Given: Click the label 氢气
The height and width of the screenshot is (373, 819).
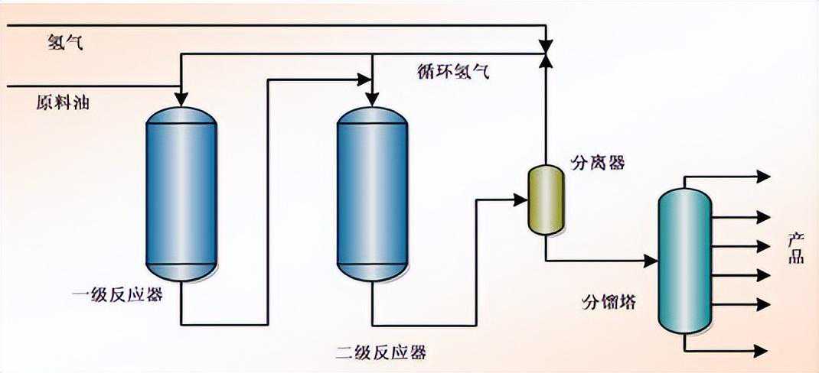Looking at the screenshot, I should (x=65, y=43).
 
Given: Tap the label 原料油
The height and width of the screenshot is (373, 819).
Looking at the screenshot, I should (x=62, y=102).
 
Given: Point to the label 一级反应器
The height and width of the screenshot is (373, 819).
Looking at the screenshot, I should (x=117, y=294).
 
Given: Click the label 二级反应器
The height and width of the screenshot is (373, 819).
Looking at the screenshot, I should (x=382, y=352).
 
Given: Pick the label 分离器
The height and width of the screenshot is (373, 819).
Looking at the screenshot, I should (x=598, y=163).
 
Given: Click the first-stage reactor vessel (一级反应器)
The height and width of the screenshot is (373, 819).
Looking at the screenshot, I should (x=181, y=194).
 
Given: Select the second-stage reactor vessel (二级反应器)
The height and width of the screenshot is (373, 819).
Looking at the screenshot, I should (x=372, y=194).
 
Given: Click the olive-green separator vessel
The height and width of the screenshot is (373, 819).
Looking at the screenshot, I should (x=545, y=199).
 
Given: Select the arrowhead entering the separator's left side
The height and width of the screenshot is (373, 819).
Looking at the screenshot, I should (x=520, y=199).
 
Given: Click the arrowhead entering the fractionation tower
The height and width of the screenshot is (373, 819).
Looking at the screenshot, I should (x=651, y=261).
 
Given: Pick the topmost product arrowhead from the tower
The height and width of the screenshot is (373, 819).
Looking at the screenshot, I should (x=763, y=177).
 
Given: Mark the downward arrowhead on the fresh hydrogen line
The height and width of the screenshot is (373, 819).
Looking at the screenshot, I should (x=545, y=41).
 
